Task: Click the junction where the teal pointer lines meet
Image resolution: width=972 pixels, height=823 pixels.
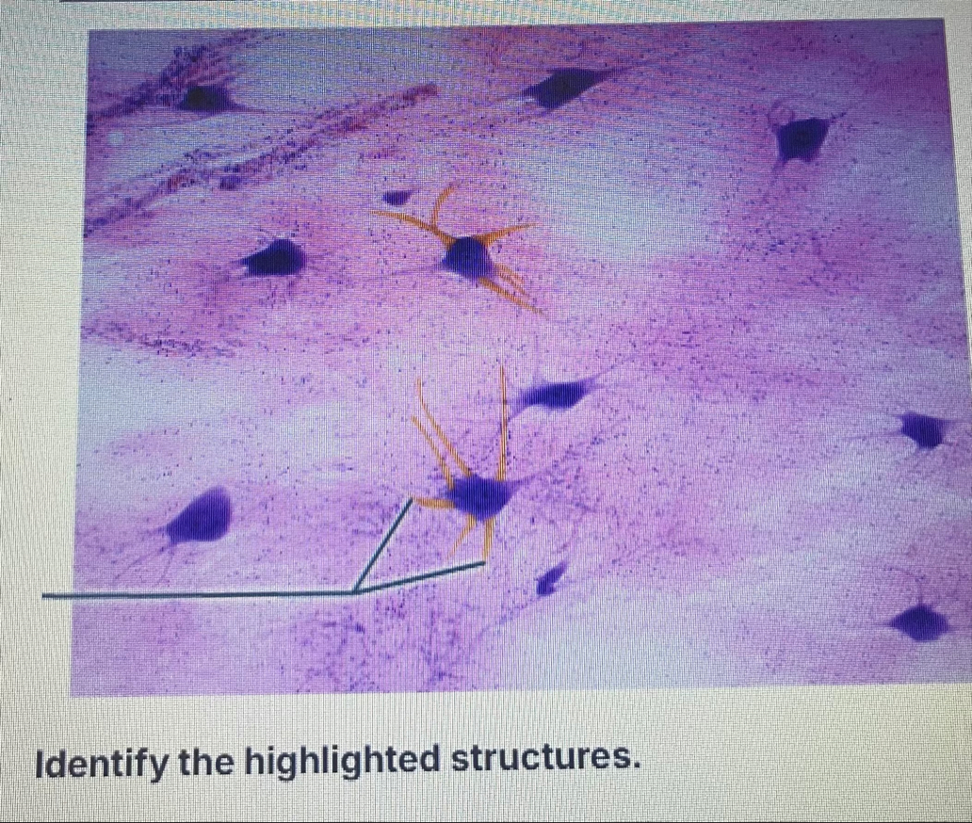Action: tap(354, 592)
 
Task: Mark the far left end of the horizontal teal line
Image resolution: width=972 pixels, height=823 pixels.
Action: tap(43, 596)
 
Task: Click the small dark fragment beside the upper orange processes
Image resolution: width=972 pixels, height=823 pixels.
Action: tap(397, 197)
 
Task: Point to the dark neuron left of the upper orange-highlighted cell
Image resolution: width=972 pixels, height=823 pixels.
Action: tap(274, 258)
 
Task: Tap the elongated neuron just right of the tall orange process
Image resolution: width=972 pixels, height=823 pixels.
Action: tap(555, 395)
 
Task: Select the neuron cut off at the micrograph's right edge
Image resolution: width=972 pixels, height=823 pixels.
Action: tap(926, 429)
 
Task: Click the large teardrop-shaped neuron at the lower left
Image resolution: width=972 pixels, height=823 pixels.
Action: tap(202, 516)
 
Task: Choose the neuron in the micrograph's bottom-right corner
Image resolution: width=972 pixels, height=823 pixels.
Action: tap(920, 621)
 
